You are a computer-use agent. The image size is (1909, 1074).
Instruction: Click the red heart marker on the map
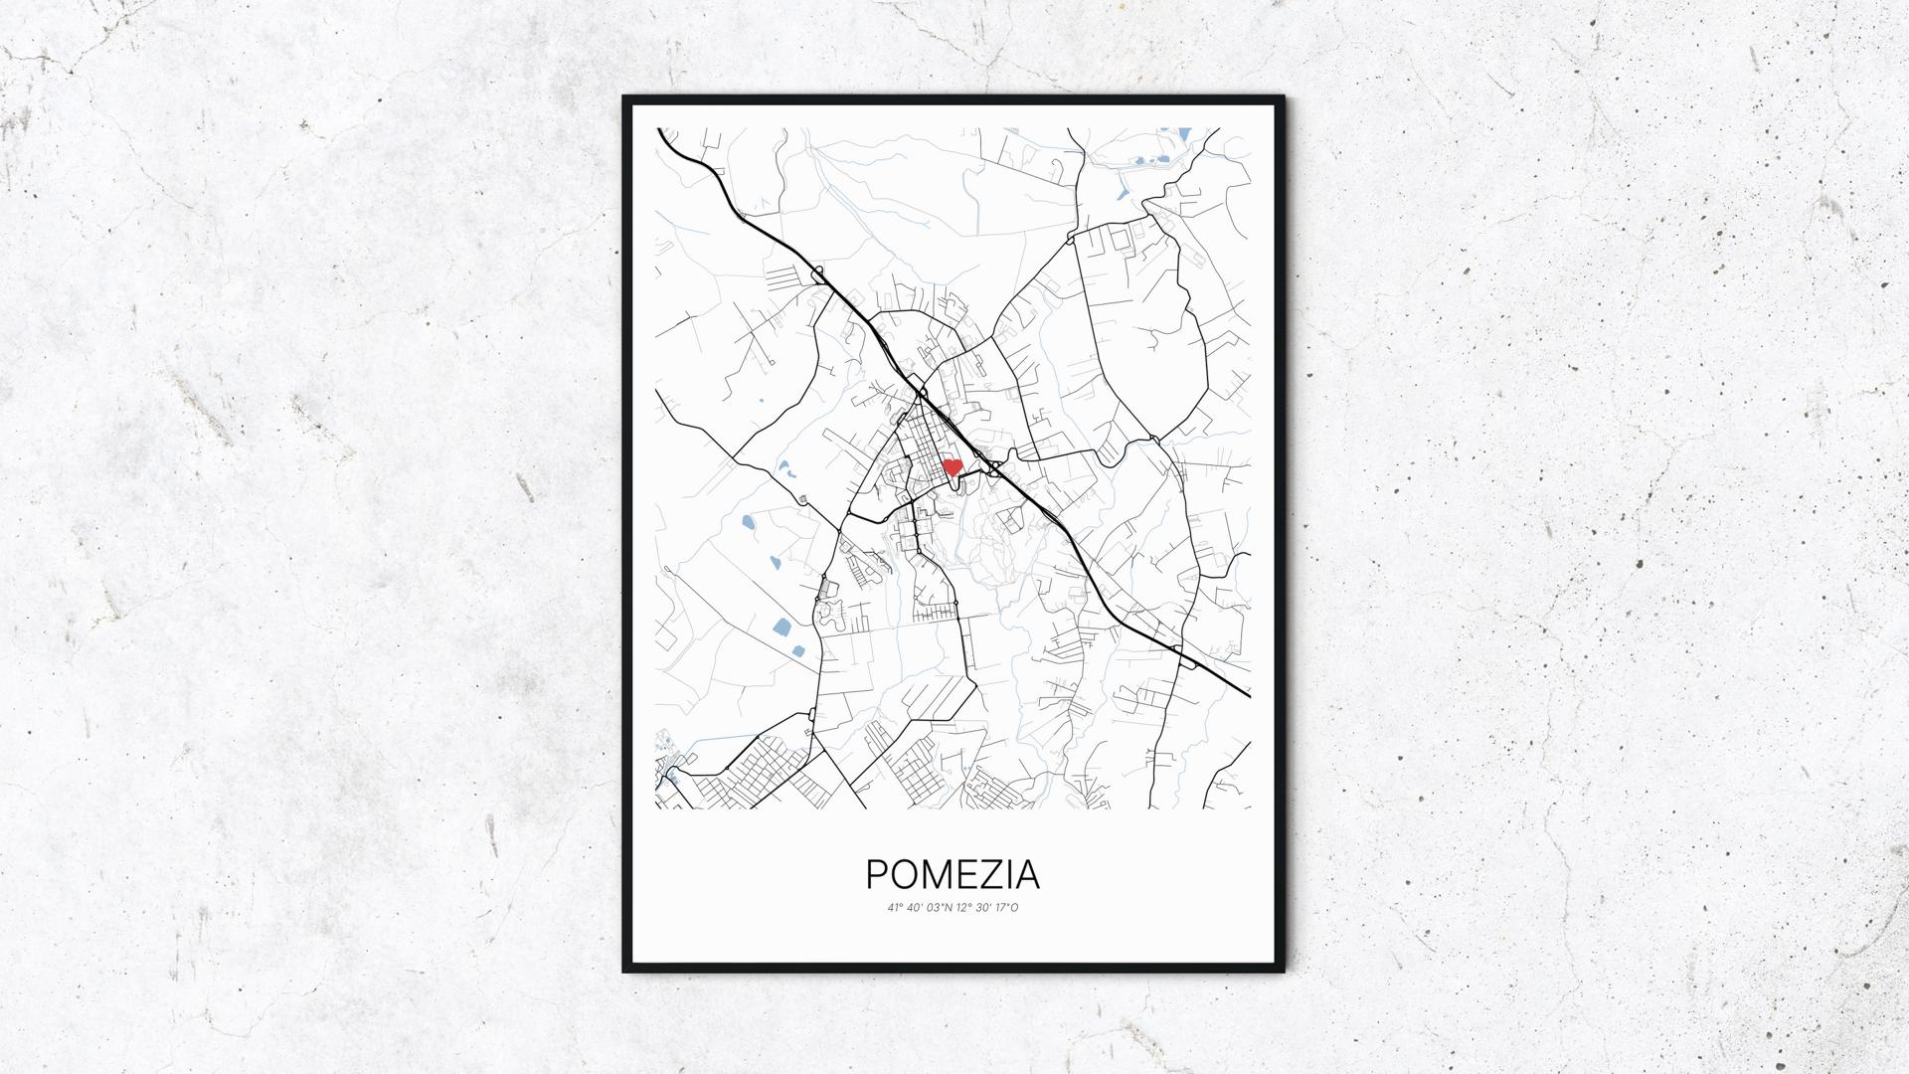point(952,466)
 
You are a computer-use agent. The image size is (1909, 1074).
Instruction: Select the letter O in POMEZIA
point(906,874)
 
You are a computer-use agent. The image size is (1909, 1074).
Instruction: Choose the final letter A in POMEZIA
point(1027,874)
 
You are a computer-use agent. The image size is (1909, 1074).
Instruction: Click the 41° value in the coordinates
point(895,908)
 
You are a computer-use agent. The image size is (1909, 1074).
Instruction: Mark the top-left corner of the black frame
point(624,97)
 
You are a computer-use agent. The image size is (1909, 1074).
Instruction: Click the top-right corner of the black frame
point(1283,97)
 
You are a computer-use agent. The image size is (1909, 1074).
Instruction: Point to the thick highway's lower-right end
point(1249,696)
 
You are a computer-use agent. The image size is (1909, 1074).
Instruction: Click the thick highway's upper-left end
point(659,129)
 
